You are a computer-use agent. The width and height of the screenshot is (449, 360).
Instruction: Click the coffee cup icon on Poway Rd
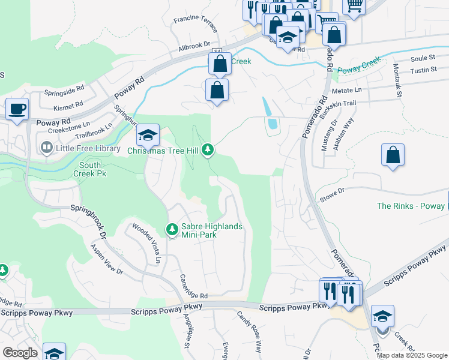click(x=17, y=110)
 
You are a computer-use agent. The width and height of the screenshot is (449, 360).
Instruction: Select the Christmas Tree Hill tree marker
click(x=208, y=149)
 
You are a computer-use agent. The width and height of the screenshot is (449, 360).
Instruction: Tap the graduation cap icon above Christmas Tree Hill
click(x=147, y=136)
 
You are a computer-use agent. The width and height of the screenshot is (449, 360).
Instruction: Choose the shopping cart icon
click(x=354, y=6)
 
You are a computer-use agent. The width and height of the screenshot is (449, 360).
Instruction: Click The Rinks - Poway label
click(x=412, y=206)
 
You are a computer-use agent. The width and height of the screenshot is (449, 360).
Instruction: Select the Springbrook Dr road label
click(x=88, y=221)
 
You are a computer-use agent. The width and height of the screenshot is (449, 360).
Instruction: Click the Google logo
click(x=20, y=353)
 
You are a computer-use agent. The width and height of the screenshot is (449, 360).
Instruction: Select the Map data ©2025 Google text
click(x=412, y=355)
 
